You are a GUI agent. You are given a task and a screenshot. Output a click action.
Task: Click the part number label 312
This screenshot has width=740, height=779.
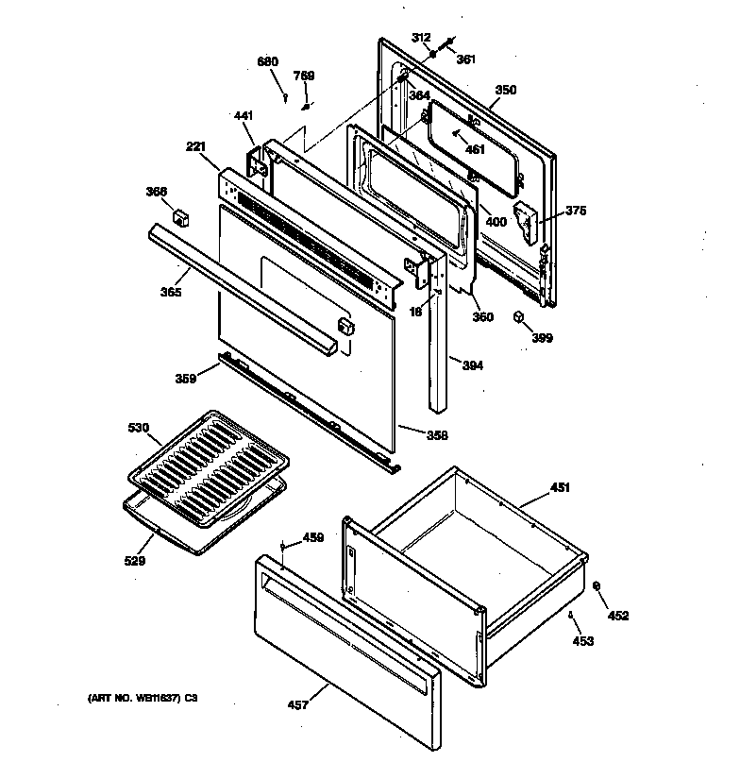tap(421, 38)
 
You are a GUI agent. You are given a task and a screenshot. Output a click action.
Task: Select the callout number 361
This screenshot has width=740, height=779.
tap(466, 59)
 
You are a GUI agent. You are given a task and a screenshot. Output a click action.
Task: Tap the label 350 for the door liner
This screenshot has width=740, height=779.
tap(506, 91)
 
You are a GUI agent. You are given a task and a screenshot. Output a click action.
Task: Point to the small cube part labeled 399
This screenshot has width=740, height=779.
tap(519, 317)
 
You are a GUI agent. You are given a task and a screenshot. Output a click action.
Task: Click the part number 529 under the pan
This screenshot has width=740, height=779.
tap(136, 561)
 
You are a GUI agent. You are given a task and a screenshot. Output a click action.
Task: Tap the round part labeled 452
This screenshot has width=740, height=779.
tap(597, 587)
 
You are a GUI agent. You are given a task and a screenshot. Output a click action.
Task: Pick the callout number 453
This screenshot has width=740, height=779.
tap(583, 641)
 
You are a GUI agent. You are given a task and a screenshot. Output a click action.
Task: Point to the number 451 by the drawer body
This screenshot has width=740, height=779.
tap(561, 488)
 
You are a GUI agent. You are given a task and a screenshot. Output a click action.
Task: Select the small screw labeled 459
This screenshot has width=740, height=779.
tap(283, 545)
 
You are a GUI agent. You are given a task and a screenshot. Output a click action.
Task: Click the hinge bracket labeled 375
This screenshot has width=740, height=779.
tap(524, 219)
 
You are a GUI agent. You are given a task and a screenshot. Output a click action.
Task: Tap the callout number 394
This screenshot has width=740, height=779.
tap(472, 365)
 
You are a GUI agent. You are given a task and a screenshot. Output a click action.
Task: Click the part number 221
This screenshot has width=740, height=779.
tap(195, 147)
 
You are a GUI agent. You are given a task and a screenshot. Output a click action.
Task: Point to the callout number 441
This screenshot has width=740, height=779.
tap(244, 115)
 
